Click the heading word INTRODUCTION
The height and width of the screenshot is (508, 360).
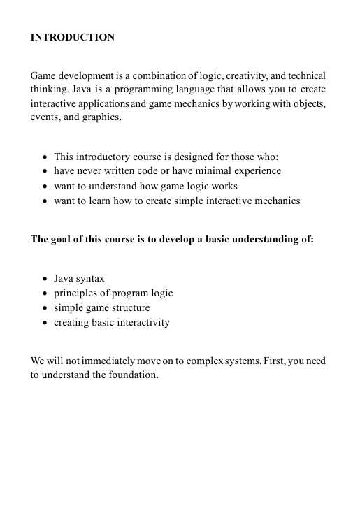click(x=73, y=37)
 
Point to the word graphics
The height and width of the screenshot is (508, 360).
click(x=102, y=117)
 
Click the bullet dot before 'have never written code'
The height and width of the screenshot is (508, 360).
click(x=45, y=171)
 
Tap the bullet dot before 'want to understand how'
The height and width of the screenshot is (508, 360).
click(x=45, y=187)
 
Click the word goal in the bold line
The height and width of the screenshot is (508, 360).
click(x=64, y=239)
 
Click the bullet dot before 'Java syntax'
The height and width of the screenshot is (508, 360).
click(x=45, y=279)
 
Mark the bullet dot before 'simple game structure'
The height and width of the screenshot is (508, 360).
click(x=45, y=308)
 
